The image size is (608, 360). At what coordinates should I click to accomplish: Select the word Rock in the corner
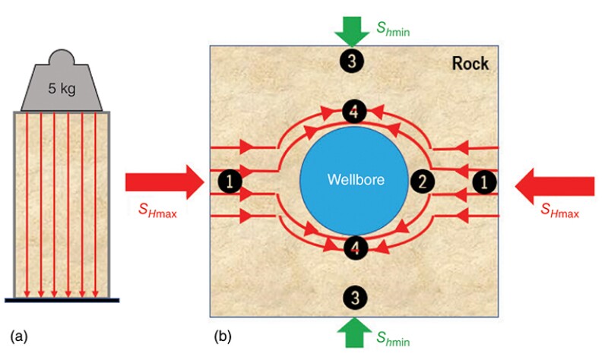point(471,64)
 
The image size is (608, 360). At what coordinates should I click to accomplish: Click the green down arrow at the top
point(352,30)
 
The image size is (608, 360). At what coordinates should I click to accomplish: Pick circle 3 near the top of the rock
point(352,62)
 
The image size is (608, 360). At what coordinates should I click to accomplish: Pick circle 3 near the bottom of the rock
point(352,298)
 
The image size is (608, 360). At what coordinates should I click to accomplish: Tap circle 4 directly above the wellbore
point(353,111)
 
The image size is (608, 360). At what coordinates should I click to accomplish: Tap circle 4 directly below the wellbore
point(353,248)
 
